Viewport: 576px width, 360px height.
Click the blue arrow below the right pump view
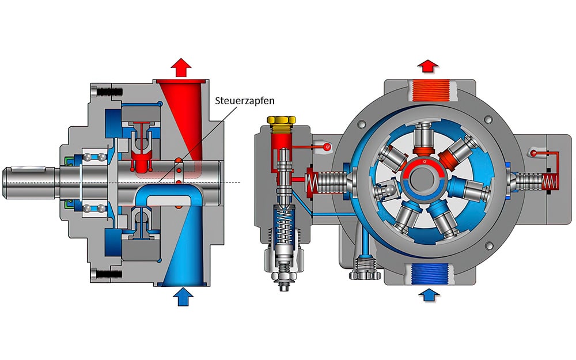(427, 295)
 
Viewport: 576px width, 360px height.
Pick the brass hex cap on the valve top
(282, 122)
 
